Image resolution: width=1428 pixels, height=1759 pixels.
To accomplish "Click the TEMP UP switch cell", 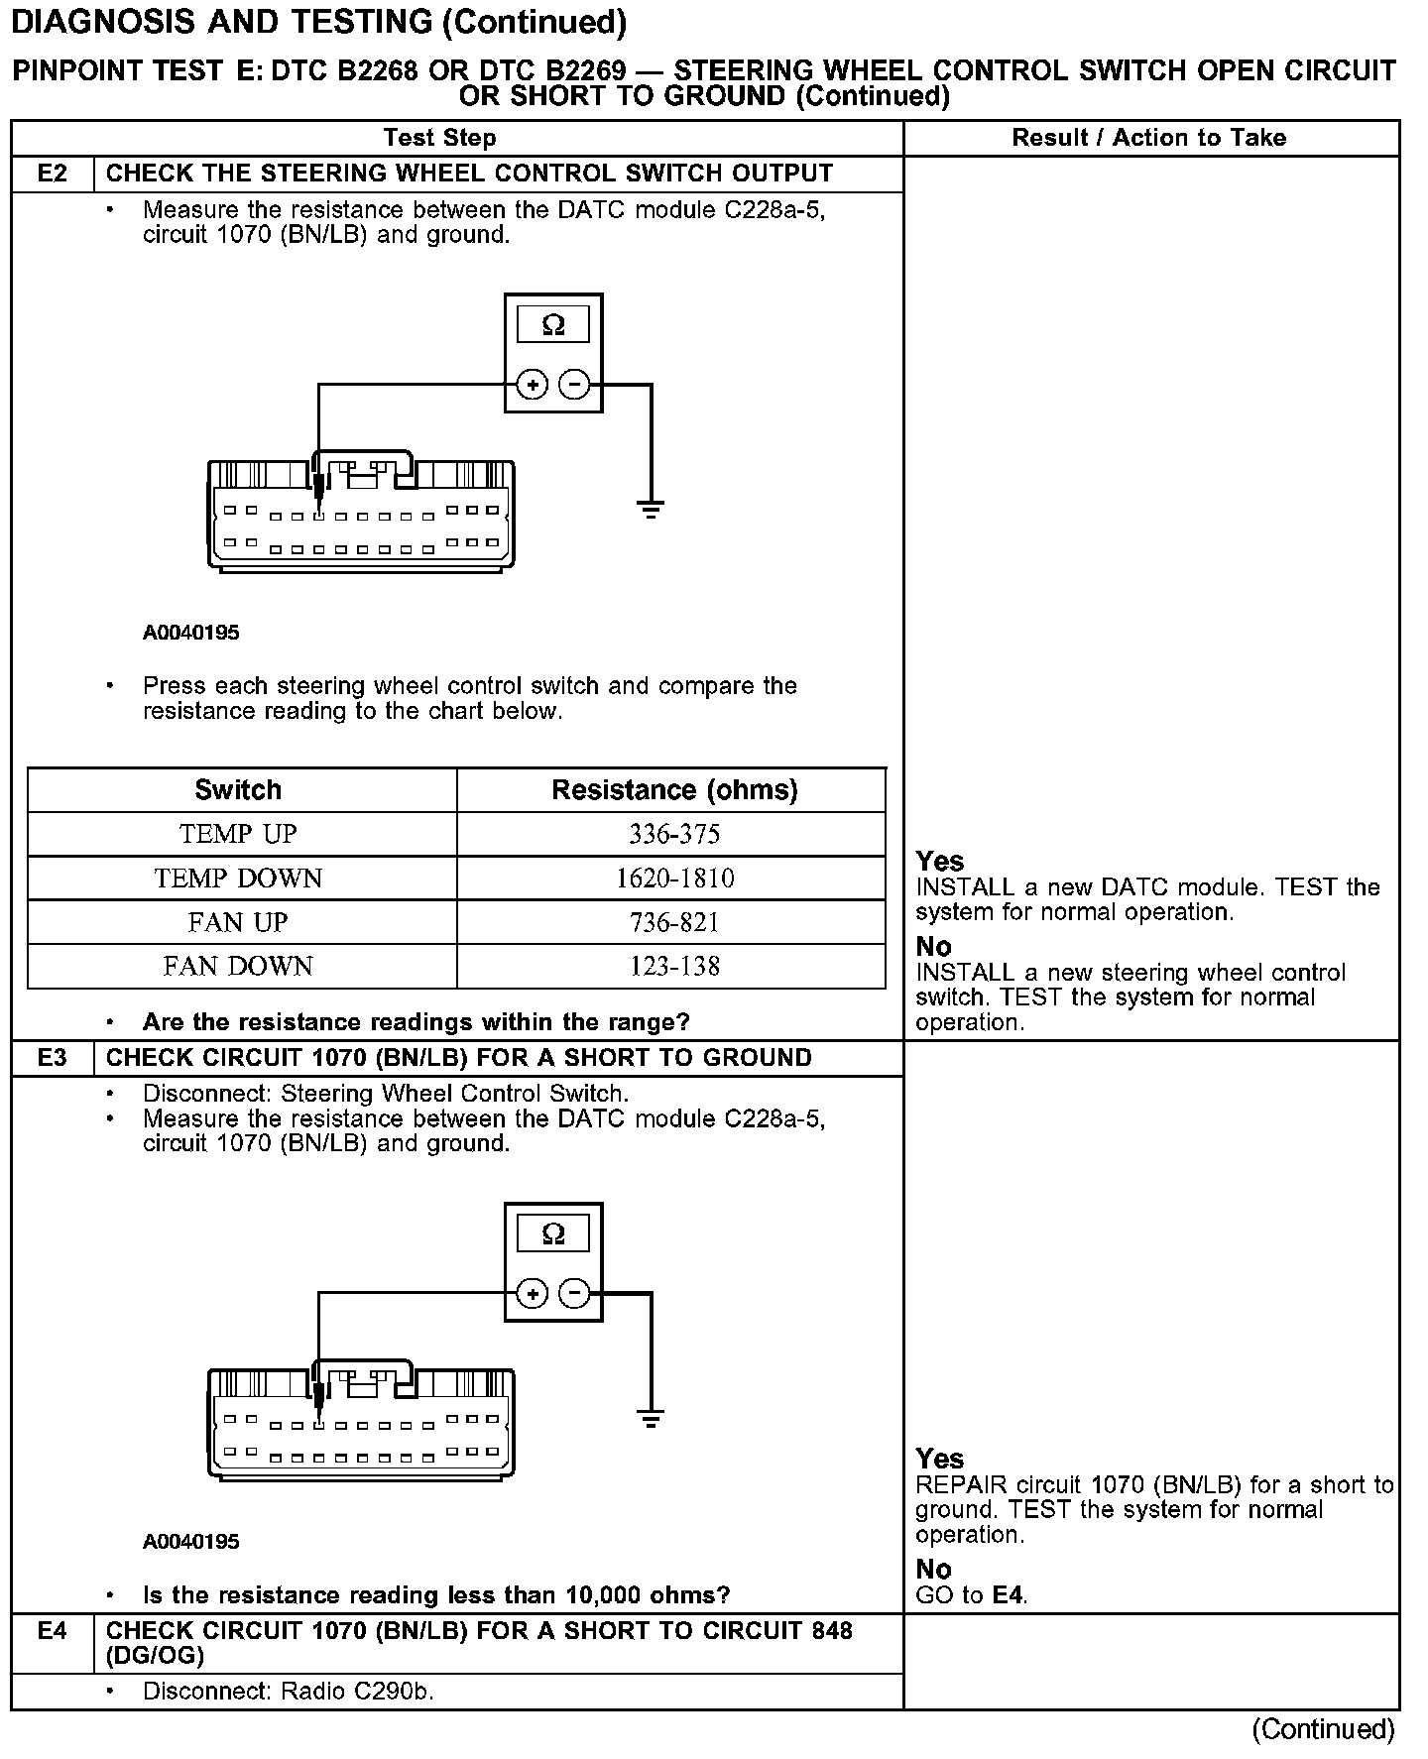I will [x=238, y=834].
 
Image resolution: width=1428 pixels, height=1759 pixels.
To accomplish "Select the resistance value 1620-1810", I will [x=674, y=879].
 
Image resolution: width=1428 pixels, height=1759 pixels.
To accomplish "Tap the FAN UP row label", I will [x=238, y=922].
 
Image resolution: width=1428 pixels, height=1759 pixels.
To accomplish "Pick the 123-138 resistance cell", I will [x=674, y=966].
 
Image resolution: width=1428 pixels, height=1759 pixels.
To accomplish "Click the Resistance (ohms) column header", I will [x=674, y=790].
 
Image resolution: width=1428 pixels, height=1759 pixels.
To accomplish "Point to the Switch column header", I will [x=238, y=790].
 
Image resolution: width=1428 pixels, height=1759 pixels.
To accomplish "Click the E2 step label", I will [x=53, y=174].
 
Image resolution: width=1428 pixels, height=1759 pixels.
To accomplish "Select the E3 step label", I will [x=53, y=1058].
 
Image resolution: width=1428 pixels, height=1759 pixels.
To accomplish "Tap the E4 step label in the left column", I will [x=53, y=1631].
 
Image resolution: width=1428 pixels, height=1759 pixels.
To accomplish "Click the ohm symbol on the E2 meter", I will [x=553, y=325].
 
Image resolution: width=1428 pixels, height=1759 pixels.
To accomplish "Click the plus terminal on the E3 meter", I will [x=533, y=1294].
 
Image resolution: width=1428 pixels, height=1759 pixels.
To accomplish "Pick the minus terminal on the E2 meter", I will [x=574, y=385].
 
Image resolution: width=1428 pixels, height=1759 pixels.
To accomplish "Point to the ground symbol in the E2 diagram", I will [x=651, y=512].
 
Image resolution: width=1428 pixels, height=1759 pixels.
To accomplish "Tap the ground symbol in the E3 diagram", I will [x=651, y=1420].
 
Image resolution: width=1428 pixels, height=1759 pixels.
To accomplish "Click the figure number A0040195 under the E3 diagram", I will [x=191, y=1542].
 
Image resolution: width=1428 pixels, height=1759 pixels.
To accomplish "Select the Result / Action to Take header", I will [x=1148, y=138].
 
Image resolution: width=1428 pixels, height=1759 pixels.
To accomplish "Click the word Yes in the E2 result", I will [x=939, y=862].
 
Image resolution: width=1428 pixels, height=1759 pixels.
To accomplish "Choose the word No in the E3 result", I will [x=933, y=1570].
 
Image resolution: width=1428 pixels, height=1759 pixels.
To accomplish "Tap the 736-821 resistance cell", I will [x=674, y=922].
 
